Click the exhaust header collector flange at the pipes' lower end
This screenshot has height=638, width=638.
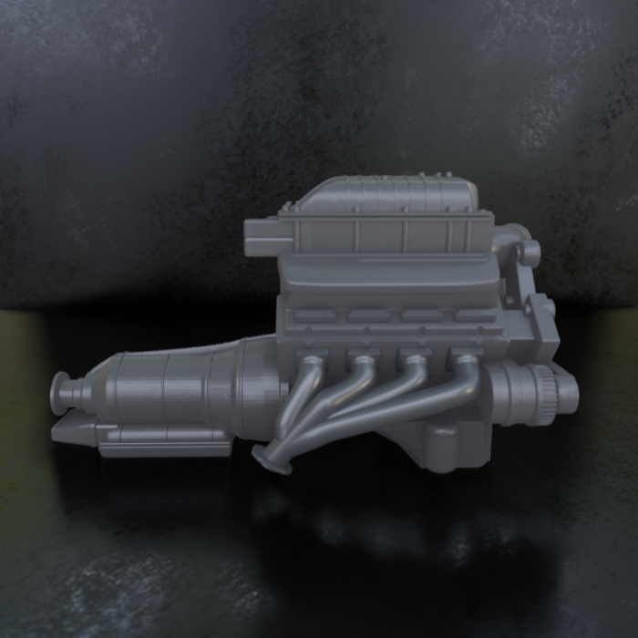[x=272, y=458]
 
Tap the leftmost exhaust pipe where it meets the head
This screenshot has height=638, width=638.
[x=313, y=357]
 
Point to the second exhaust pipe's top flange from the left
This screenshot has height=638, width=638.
[x=364, y=356]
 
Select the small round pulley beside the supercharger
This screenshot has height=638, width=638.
[x=529, y=252]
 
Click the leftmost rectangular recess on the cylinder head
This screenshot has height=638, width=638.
[x=314, y=316]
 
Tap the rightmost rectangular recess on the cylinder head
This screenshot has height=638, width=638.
[x=474, y=316]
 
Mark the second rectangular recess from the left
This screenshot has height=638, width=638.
[x=367, y=316]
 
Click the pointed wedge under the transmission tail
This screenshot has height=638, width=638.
[x=73, y=430]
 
